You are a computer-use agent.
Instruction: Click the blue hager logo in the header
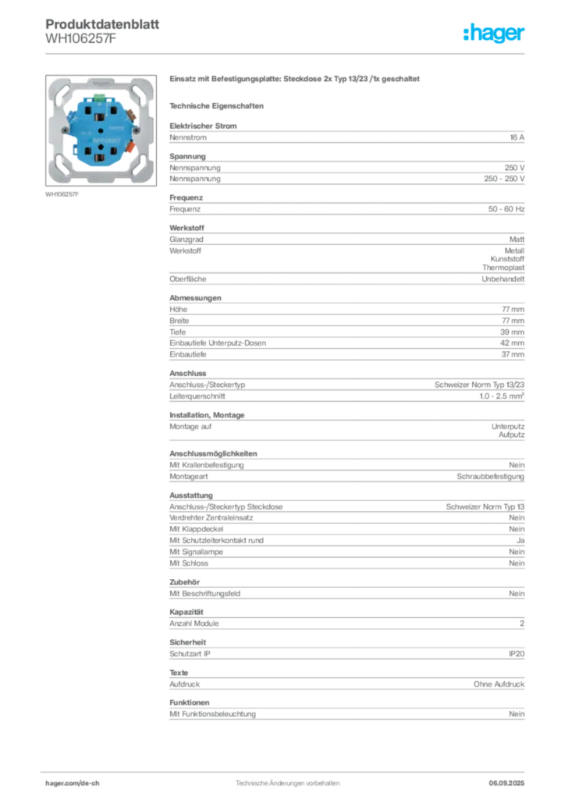pos(496,34)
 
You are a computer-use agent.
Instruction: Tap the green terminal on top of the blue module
pos(100,98)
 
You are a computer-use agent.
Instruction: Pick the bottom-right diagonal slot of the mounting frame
pos(139,168)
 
